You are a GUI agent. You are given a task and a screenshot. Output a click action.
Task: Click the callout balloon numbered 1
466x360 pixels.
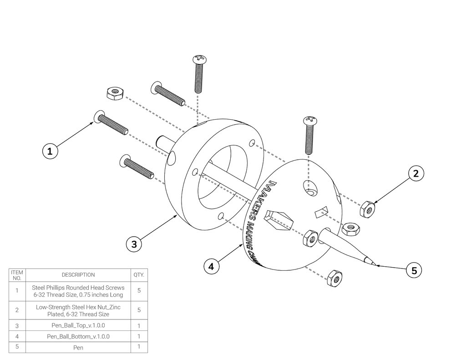pyautogui.click(x=50, y=151)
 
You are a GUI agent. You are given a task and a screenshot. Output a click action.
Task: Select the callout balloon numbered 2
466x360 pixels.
pyautogui.click(x=415, y=173)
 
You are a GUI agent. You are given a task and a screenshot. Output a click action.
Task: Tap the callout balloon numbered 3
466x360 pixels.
pyautogui.click(x=134, y=243)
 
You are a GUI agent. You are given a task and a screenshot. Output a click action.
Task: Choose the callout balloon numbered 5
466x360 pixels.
pyautogui.click(x=414, y=270)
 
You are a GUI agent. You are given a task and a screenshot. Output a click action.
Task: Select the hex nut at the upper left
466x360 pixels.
pyautogui.click(x=113, y=94)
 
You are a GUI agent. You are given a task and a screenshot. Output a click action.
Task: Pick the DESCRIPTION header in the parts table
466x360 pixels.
pyautogui.click(x=78, y=275)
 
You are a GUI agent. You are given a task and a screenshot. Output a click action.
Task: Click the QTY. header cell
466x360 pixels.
pyautogui.click(x=139, y=275)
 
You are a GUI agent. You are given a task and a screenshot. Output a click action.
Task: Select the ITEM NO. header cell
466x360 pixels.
pyautogui.click(x=17, y=275)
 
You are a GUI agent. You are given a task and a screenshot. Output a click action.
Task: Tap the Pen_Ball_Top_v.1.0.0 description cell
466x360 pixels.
pyautogui.click(x=78, y=326)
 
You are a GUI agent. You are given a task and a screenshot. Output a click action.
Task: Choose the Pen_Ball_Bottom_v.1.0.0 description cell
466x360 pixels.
pyautogui.click(x=78, y=337)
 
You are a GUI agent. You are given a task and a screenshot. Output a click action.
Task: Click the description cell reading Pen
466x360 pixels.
pyautogui.click(x=78, y=348)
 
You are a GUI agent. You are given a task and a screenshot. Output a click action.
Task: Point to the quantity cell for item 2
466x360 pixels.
pyautogui.click(x=139, y=310)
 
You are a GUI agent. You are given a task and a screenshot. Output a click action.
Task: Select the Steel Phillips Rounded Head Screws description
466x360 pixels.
pyautogui.click(x=78, y=291)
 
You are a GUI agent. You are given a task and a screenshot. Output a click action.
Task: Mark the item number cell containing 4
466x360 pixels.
pyautogui.click(x=17, y=337)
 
